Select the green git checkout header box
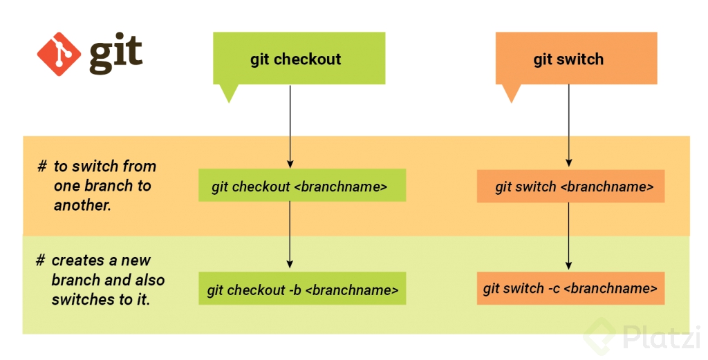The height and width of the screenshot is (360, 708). click(299, 59)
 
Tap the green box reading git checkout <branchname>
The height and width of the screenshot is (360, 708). click(301, 187)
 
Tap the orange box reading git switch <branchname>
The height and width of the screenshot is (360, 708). click(570, 187)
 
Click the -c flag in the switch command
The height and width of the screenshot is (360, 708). click(553, 289)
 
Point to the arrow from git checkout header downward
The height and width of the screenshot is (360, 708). click(290, 124)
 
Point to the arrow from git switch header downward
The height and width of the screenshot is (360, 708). click(568, 124)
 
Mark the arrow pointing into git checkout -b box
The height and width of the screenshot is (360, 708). click(290, 235)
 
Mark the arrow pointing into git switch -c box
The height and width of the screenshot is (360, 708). click(568, 235)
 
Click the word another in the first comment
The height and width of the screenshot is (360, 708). click(82, 205)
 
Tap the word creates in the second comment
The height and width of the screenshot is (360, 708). click(75, 260)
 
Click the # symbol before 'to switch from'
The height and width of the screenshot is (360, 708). click(42, 167)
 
